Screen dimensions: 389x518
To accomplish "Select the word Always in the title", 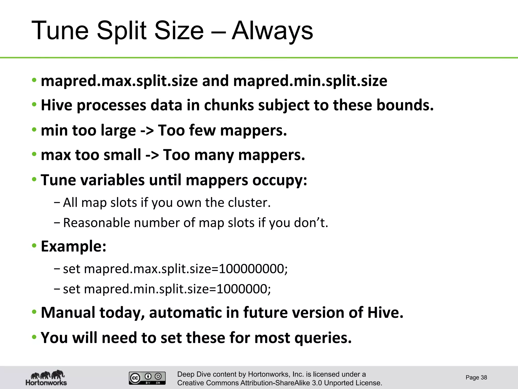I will (272, 31).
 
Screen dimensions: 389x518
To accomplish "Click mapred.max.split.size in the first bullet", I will (119, 81).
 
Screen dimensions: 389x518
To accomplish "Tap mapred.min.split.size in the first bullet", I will (310, 81).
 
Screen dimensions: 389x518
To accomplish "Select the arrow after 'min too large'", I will (147, 130).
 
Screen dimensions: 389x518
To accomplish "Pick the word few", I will (202, 130).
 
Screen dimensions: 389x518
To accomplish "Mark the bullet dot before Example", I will (34, 246).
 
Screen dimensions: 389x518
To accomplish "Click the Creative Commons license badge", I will (147, 378).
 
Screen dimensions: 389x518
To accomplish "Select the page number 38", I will (484, 378).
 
